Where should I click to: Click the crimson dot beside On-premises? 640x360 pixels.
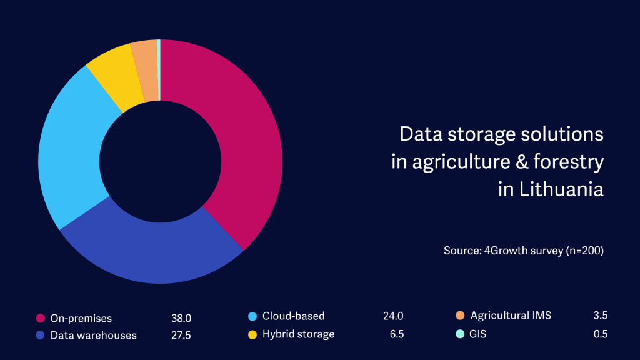coord(41,318)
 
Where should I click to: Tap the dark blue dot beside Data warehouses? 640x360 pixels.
coord(41,336)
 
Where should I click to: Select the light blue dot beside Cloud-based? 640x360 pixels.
coord(252,316)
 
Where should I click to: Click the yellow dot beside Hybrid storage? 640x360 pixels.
coord(252,334)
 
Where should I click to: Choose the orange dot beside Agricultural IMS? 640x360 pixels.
coord(461,316)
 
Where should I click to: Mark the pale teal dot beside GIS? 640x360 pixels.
coord(461,334)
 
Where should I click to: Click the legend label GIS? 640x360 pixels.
coord(478,334)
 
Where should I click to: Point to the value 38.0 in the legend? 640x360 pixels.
coord(181,318)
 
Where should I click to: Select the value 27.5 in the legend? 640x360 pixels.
coord(181,336)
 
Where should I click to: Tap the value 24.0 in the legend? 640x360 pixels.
coord(393,316)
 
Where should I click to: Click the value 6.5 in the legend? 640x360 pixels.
coord(396,334)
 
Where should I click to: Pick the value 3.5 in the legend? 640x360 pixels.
coord(601,316)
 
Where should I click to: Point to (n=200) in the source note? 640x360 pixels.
coord(581,251)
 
